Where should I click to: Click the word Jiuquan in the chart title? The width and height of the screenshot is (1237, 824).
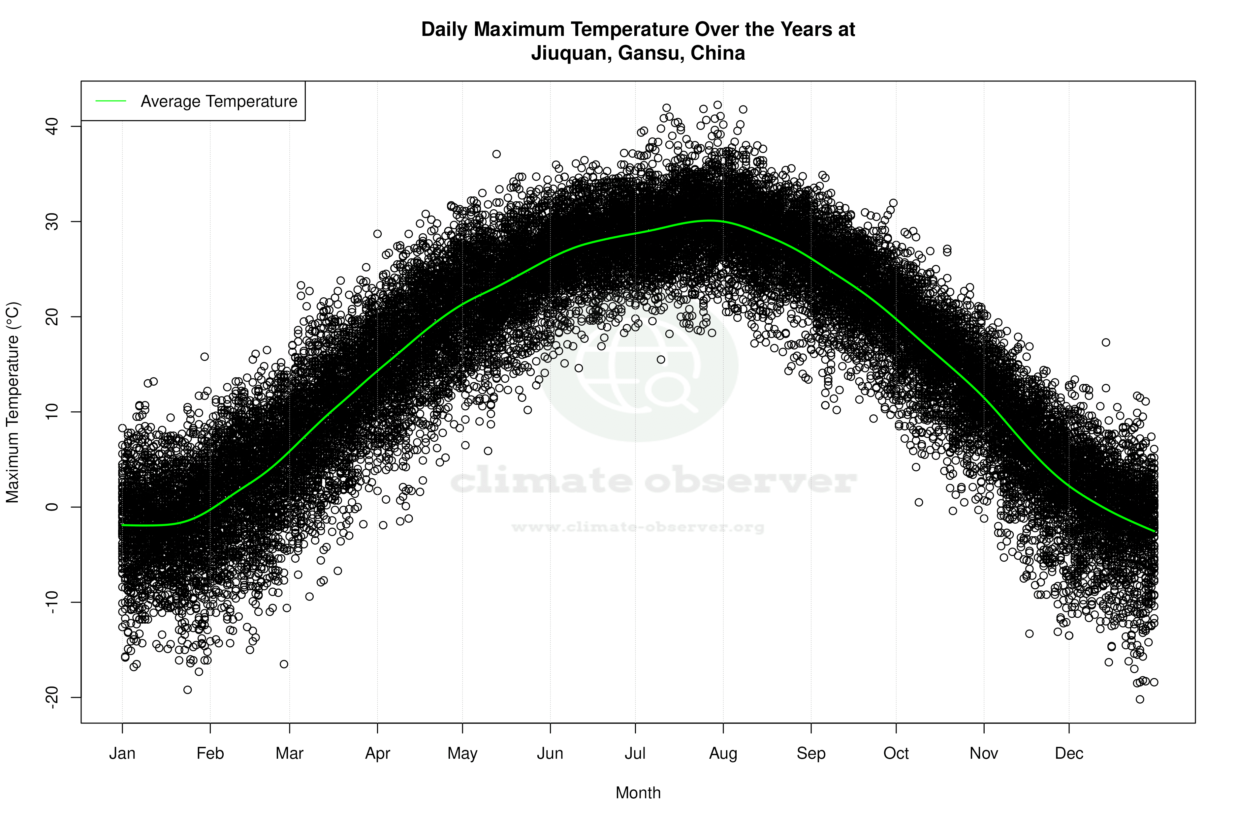[571, 53]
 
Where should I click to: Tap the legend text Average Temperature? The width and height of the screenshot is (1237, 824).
[219, 102]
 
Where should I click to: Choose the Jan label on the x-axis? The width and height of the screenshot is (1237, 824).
[122, 753]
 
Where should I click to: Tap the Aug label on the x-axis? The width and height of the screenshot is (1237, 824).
[723, 753]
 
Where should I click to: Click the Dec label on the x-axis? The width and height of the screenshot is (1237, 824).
[1069, 753]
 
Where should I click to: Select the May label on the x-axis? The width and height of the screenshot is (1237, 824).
[462, 753]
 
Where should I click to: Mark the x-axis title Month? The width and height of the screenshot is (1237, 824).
[638, 793]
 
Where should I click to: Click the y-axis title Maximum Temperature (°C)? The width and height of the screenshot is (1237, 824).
[13, 402]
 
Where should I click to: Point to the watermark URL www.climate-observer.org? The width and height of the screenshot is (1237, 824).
[638, 527]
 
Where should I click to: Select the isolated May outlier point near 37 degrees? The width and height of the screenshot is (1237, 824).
[496, 154]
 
